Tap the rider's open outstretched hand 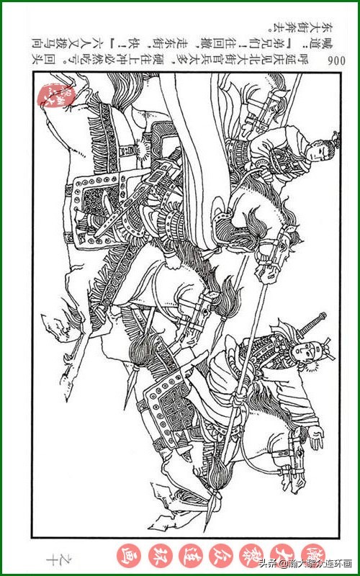tap(315, 440)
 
